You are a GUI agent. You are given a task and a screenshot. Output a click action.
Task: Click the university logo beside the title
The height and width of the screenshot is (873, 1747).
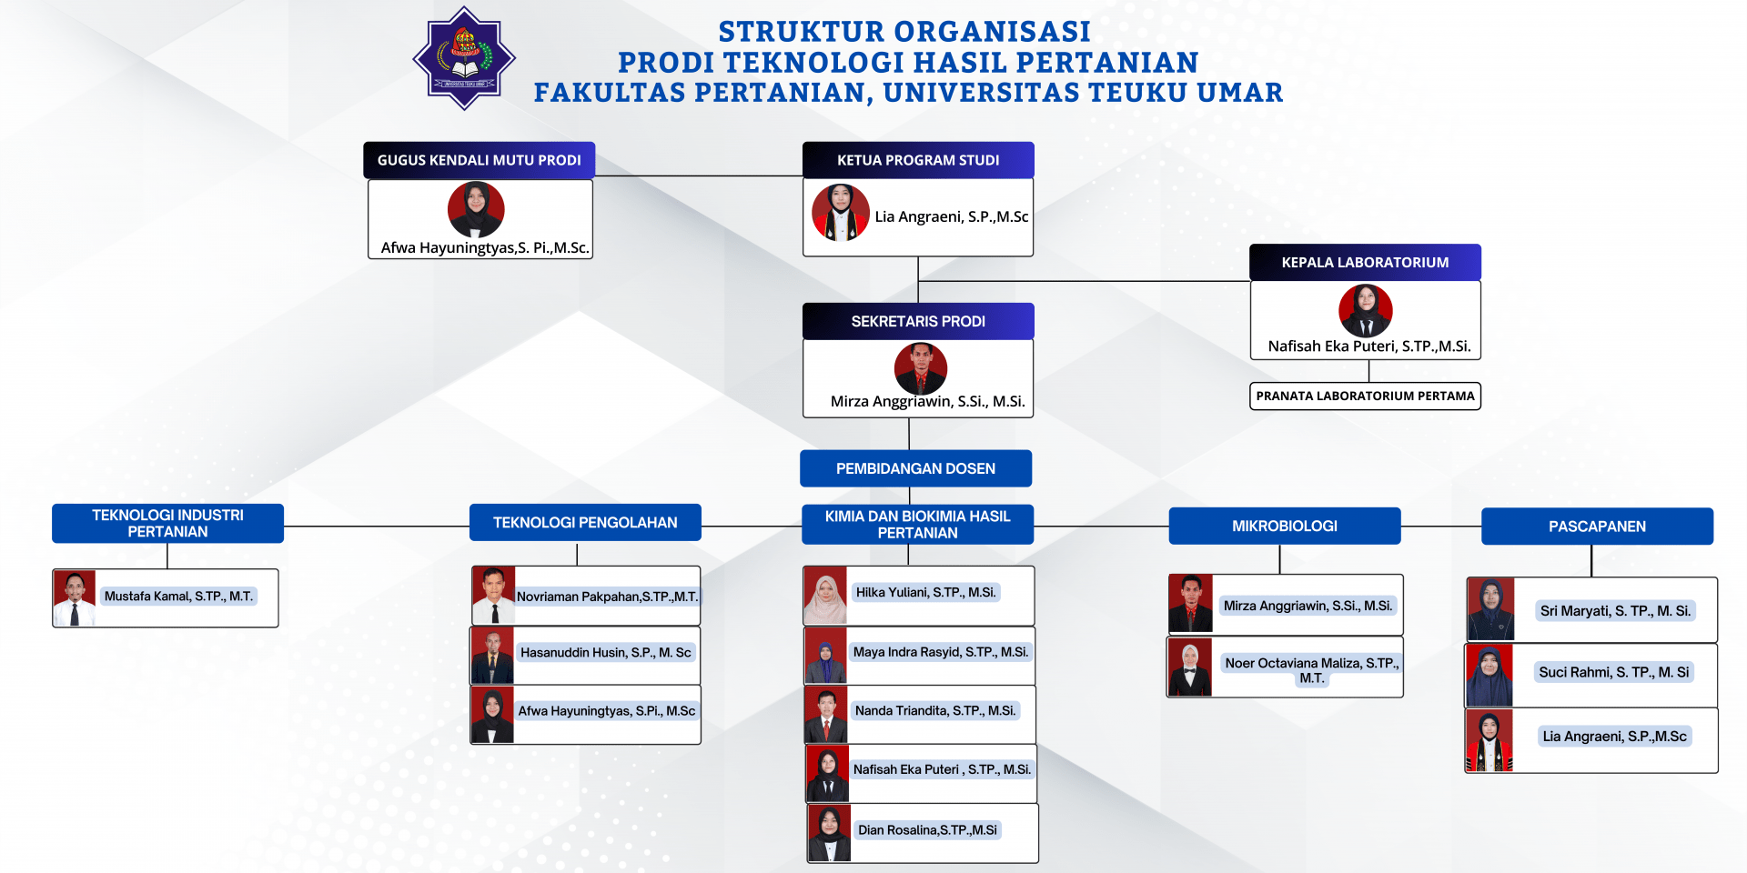[x=464, y=59]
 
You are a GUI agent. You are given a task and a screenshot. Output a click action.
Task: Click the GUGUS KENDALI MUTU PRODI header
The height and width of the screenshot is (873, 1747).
[x=480, y=160]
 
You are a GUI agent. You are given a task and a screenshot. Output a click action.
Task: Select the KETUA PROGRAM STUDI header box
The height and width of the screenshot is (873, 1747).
[x=918, y=160]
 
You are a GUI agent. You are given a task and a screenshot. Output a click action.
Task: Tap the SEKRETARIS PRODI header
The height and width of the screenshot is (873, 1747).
[x=918, y=321]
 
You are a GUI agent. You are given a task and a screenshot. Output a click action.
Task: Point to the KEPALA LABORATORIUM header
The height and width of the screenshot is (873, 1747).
[x=1365, y=262]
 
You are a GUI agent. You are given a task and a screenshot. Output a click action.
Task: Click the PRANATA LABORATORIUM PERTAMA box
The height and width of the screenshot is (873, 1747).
[x=1365, y=396]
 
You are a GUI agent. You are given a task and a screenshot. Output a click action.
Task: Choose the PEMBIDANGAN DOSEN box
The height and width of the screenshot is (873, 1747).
[x=915, y=468]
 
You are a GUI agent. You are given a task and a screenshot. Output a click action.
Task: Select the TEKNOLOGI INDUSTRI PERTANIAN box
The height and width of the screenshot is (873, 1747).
[x=167, y=524]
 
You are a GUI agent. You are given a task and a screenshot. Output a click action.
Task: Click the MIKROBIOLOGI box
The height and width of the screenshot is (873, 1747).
[x=1285, y=526]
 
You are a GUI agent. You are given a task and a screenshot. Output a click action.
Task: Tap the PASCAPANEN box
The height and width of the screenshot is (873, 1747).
[x=1597, y=527]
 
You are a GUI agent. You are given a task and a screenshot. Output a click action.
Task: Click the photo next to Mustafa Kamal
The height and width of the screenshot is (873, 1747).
[x=75, y=598]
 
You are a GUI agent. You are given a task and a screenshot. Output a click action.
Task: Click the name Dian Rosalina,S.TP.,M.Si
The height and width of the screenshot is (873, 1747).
[x=927, y=830]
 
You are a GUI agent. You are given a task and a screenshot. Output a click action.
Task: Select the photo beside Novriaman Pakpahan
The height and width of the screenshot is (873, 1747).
[x=494, y=596]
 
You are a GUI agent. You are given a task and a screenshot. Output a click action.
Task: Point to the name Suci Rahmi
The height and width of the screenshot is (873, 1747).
[x=1613, y=672]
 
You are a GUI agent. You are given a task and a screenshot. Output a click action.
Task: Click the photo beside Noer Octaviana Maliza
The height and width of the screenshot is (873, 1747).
[x=1190, y=667]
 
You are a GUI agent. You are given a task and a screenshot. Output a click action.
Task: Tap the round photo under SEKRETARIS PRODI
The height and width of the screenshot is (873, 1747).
[x=921, y=368]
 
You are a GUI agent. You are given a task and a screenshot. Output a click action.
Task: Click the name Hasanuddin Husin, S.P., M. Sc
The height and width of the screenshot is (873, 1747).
[x=606, y=652]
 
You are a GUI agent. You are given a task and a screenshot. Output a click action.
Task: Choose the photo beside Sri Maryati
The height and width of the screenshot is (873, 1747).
[x=1490, y=609]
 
